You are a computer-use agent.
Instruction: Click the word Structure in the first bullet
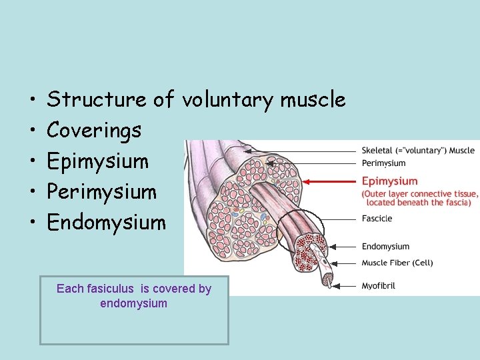click(97, 100)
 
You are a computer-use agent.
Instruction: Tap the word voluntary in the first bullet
click(228, 100)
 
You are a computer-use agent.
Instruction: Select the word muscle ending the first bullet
click(313, 100)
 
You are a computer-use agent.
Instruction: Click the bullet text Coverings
click(94, 131)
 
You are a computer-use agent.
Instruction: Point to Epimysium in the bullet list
click(97, 161)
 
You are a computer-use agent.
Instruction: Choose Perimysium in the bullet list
click(101, 192)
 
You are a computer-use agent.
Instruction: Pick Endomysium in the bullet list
click(106, 222)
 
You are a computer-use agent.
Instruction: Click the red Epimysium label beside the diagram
click(389, 181)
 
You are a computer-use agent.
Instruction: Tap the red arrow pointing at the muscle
click(329, 181)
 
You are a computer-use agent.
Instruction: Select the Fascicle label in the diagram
click(377, 218)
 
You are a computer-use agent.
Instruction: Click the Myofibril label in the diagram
click(378, 286)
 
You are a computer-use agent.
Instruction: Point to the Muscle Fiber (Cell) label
click(397, 263)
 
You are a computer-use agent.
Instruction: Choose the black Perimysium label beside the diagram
click(383, 163)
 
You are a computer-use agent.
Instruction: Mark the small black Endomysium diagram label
click(385, 247)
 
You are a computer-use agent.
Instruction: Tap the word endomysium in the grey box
click(133, 303)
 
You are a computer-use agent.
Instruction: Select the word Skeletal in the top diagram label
click(378, 150)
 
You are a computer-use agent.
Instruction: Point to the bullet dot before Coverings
click(32, 131)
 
